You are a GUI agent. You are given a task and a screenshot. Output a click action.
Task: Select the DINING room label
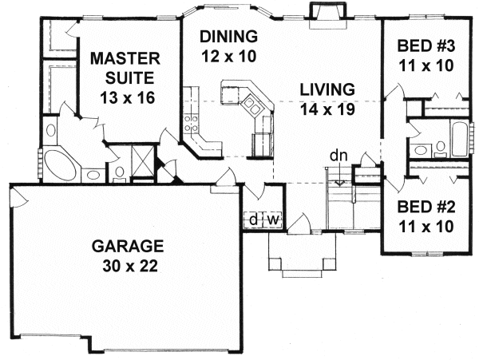229,37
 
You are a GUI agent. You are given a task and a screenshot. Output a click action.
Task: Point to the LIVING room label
327,88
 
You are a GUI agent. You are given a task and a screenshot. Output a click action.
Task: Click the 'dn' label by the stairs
339,156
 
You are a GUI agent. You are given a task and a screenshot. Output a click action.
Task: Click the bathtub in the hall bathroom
459,139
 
